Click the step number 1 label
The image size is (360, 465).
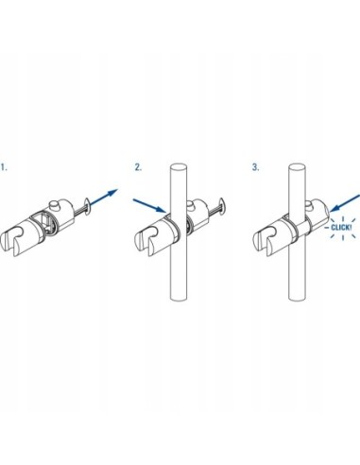[4, 167]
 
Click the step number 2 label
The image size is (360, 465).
[138, 167]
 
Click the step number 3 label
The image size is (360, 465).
[255, 167]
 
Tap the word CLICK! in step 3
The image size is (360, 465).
[341, 227]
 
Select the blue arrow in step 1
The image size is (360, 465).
[104, 198]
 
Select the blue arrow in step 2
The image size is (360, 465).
[149, 206]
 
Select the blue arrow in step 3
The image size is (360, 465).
[345, 203]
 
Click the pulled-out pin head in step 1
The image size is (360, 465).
[87, 206]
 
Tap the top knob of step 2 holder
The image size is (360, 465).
[191, 205]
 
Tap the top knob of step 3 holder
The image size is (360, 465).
[310, 205]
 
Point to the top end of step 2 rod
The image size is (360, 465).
[179, 167]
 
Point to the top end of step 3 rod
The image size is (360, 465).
[297, 167]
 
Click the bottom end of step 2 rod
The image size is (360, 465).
[179, 298]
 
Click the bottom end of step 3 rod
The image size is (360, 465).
[298, 298]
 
